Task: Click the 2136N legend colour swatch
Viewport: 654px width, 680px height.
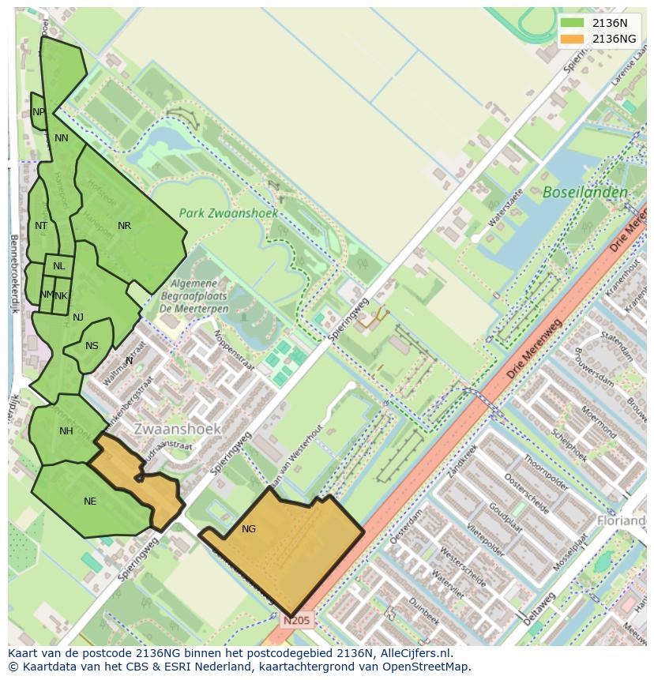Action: (573, 23)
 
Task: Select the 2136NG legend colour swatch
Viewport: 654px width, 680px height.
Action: (573, 39)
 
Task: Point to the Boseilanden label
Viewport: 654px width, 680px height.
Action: (585, 192)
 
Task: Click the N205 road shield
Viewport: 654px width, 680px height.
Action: (298, 621)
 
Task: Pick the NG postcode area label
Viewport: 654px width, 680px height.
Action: (249, 528)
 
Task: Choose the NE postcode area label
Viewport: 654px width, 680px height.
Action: (90, 501)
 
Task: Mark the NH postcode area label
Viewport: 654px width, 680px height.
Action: (66, 430)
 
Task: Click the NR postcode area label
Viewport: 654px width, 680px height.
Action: (124, 226)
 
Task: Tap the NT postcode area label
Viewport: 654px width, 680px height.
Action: (41, 226)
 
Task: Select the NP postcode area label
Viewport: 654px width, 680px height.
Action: (39, 112)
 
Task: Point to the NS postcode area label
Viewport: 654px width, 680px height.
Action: (92, 345)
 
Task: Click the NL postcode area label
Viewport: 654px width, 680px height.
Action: (59, 266)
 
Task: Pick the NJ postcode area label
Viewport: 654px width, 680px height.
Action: (78, 317)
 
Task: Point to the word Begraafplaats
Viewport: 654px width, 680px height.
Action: (200, 296)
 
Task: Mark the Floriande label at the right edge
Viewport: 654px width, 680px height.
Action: (622, 521)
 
